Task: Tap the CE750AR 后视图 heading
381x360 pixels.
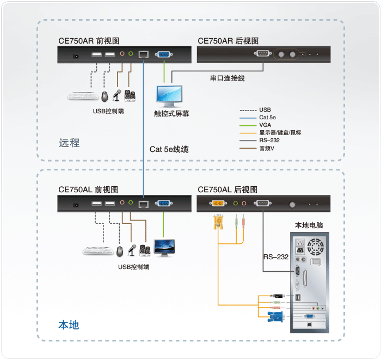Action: (x=228, y=40)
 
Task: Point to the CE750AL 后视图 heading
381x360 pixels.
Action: (x=228, y=190)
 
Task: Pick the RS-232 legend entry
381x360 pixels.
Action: (x=269, y=140)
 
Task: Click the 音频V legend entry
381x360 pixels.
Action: (x=267, y=148)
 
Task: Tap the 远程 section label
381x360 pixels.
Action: (x=69, y=143)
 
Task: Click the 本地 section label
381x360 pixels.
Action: (x=69, y=325)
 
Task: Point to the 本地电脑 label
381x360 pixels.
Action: (x=309, y=225)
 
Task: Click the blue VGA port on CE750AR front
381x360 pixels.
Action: (x=162, y=54)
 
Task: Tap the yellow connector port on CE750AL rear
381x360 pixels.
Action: (x=217, y=203)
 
